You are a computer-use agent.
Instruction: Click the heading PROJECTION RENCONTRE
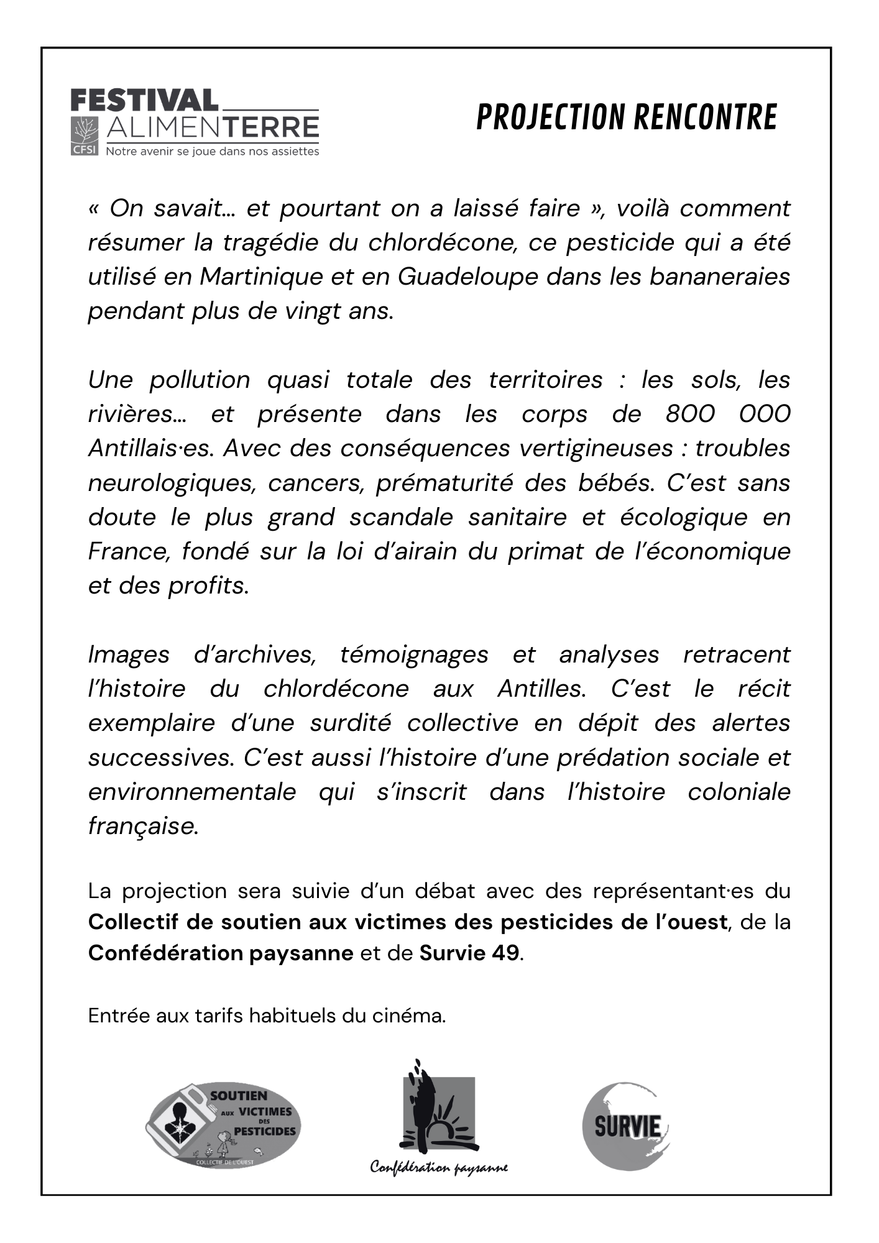pyautogui.click(x=626, y=117)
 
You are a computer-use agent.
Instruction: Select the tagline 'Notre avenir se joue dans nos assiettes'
pyautogui.click(x=213, y=152)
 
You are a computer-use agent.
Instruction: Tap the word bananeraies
pyautogui.click(x=719, y=277)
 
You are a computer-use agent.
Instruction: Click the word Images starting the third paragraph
pyautogui.click(x=129, y=654)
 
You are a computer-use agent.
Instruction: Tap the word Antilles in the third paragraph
pyautogui.click(x=541, y=689)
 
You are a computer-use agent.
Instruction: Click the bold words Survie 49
pyautogui.click(x=469, y=953)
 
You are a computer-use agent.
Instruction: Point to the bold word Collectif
pyautogui.click(x=133, y=922)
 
